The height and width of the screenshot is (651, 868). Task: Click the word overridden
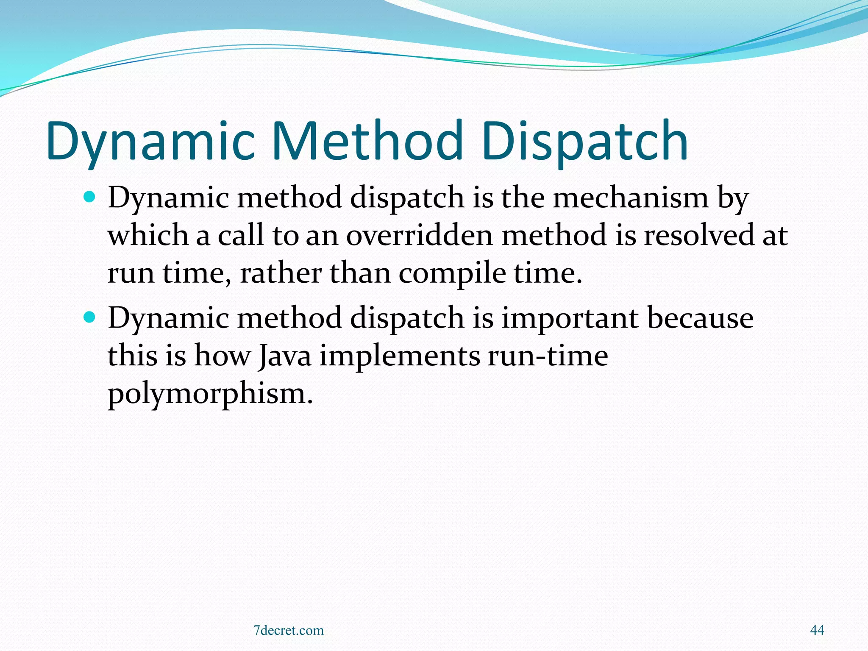[419, 235]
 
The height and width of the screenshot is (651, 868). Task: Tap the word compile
[452, 273]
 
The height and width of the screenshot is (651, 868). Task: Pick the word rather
[281, 273]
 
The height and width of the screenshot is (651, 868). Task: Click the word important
[570, 318]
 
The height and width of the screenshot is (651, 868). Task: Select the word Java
[285, 356]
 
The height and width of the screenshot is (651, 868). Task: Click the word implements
[400, 356]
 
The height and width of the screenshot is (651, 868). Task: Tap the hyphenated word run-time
[548, 356]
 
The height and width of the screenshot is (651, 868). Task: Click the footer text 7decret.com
[288, 630]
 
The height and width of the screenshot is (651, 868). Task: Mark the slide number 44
[817, 630]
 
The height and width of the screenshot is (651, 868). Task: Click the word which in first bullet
[147, 235]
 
